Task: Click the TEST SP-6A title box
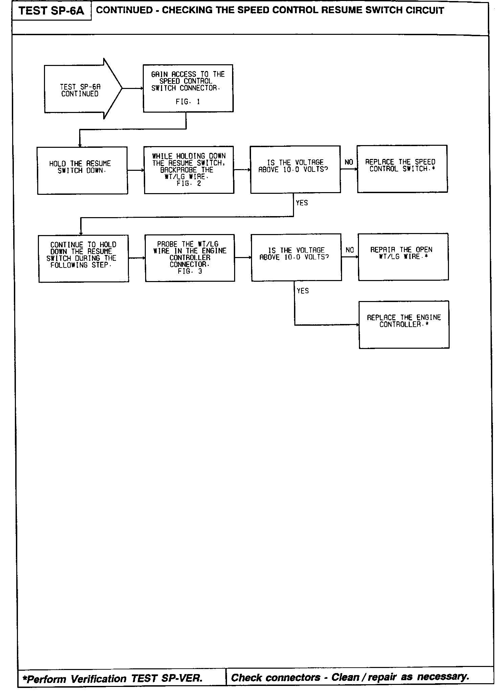(51, 11)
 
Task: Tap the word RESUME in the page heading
(343, 10)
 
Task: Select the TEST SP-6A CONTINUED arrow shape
(81, 89)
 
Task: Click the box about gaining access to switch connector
(188, 88)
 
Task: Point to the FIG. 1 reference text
(188, 101)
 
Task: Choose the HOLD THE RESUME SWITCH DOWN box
(82, 170)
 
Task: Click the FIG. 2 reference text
(188, 183)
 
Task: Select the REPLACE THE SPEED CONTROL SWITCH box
(402, 169)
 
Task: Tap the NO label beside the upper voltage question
(349, 162)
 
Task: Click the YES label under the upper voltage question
(302, 203)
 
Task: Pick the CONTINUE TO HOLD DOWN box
(84, 258)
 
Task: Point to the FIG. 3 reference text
(189, 271)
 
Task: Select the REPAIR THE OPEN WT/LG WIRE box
(403, 257)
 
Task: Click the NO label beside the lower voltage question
(350, 250)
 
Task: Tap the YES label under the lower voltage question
(303, 291)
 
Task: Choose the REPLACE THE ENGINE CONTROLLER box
(404, 324)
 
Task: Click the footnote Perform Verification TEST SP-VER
(113, 678)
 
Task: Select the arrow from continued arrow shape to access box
(132, 88)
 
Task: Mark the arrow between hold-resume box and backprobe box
(136, 170)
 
